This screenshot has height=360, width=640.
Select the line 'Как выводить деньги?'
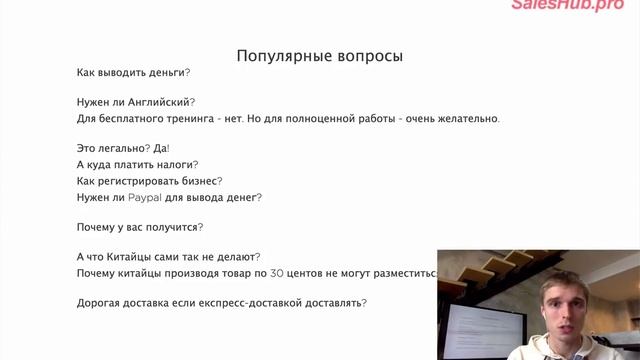pos(133,73)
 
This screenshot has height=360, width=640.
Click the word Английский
pos(159,102)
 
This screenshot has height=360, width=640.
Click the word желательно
pos(463,119)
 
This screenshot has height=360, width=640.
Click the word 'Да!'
pos(161,148)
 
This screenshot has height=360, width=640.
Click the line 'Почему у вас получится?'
pos(139,227)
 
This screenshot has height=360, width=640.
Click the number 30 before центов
pos(280,273)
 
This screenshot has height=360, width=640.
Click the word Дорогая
pos(104,302)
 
